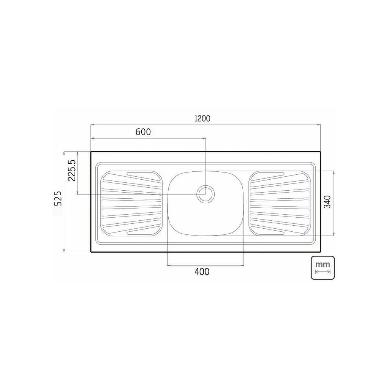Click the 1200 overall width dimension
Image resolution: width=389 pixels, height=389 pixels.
click(202, 119)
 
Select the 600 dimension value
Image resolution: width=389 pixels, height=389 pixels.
click(143, 132)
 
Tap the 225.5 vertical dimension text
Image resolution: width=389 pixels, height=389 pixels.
click(72, 171)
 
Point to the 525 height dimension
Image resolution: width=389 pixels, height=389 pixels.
click(58, 198)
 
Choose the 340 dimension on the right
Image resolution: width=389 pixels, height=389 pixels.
click(327, 202)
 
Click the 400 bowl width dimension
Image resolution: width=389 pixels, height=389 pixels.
click(202, 272)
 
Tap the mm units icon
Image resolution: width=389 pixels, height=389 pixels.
click(323, 268)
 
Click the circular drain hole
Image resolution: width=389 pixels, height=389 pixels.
click(206, 194)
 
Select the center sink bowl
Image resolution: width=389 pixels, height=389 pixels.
click(206, 204)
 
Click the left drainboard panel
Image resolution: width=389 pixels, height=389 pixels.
click(131, 204)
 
